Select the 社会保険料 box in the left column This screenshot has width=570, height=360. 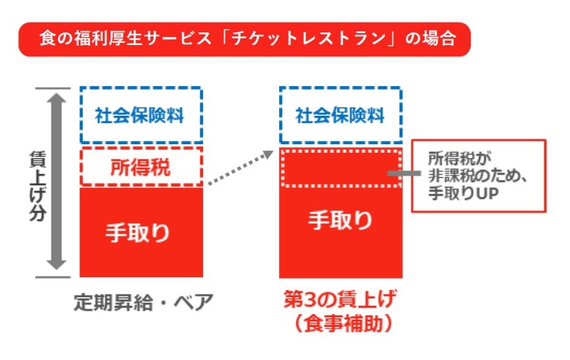140,115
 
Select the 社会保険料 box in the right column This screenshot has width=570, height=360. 341,115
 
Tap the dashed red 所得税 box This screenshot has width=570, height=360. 140,166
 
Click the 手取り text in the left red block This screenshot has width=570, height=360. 140,232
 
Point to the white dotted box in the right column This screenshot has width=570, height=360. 341,168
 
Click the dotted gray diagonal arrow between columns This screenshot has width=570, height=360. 239,168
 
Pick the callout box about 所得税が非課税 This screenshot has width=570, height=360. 478,175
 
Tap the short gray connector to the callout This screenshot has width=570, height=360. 402,173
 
